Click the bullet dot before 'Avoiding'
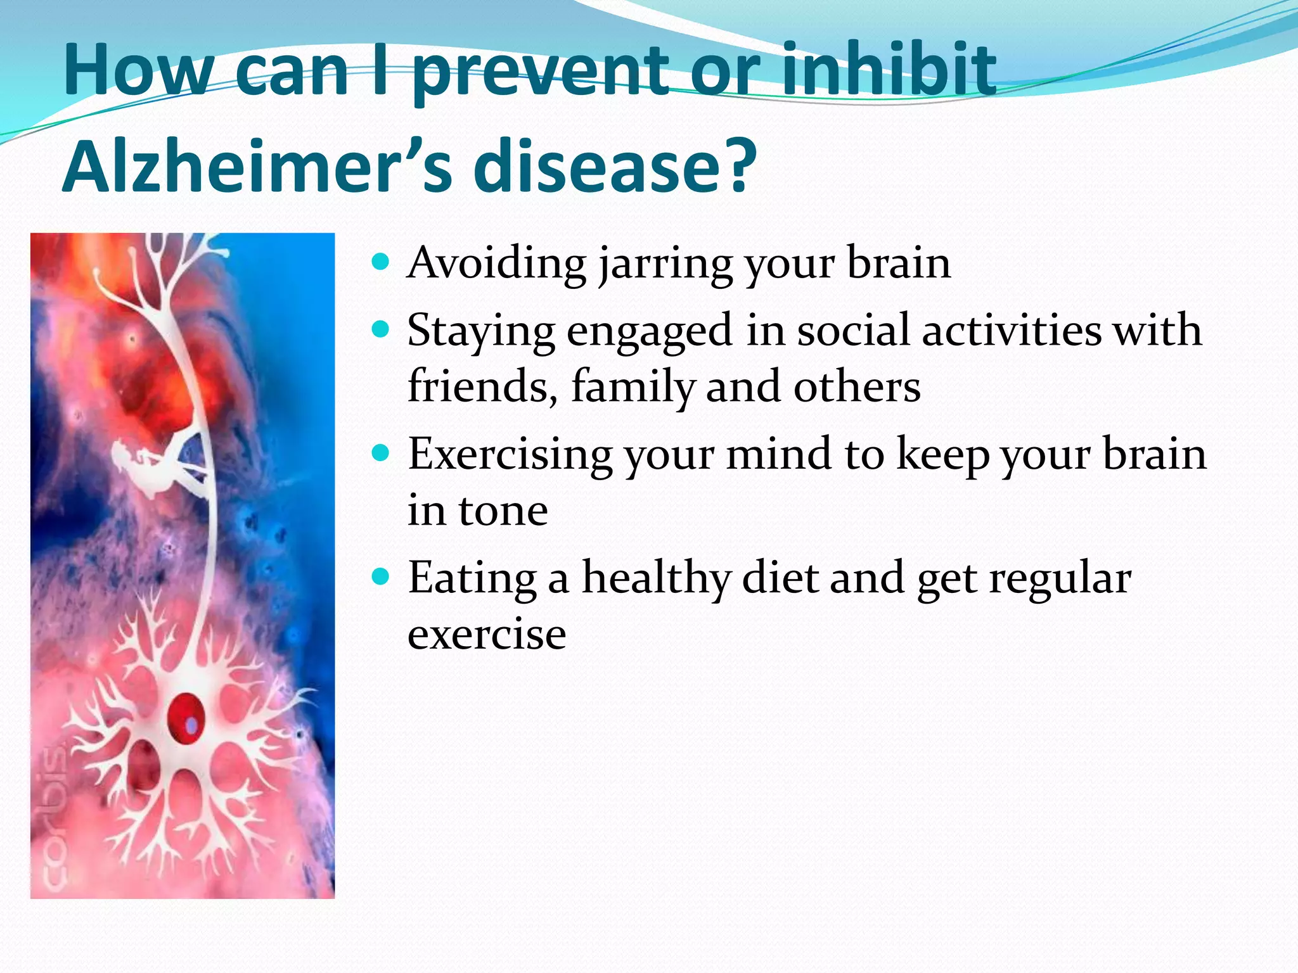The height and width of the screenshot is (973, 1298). coord(380,261)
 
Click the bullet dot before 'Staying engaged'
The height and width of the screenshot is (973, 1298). coord(380,329)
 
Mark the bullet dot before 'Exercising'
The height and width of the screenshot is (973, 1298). coord(380,454)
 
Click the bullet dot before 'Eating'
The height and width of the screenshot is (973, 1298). coord(380,577)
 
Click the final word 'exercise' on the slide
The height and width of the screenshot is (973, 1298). coord(487,635)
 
